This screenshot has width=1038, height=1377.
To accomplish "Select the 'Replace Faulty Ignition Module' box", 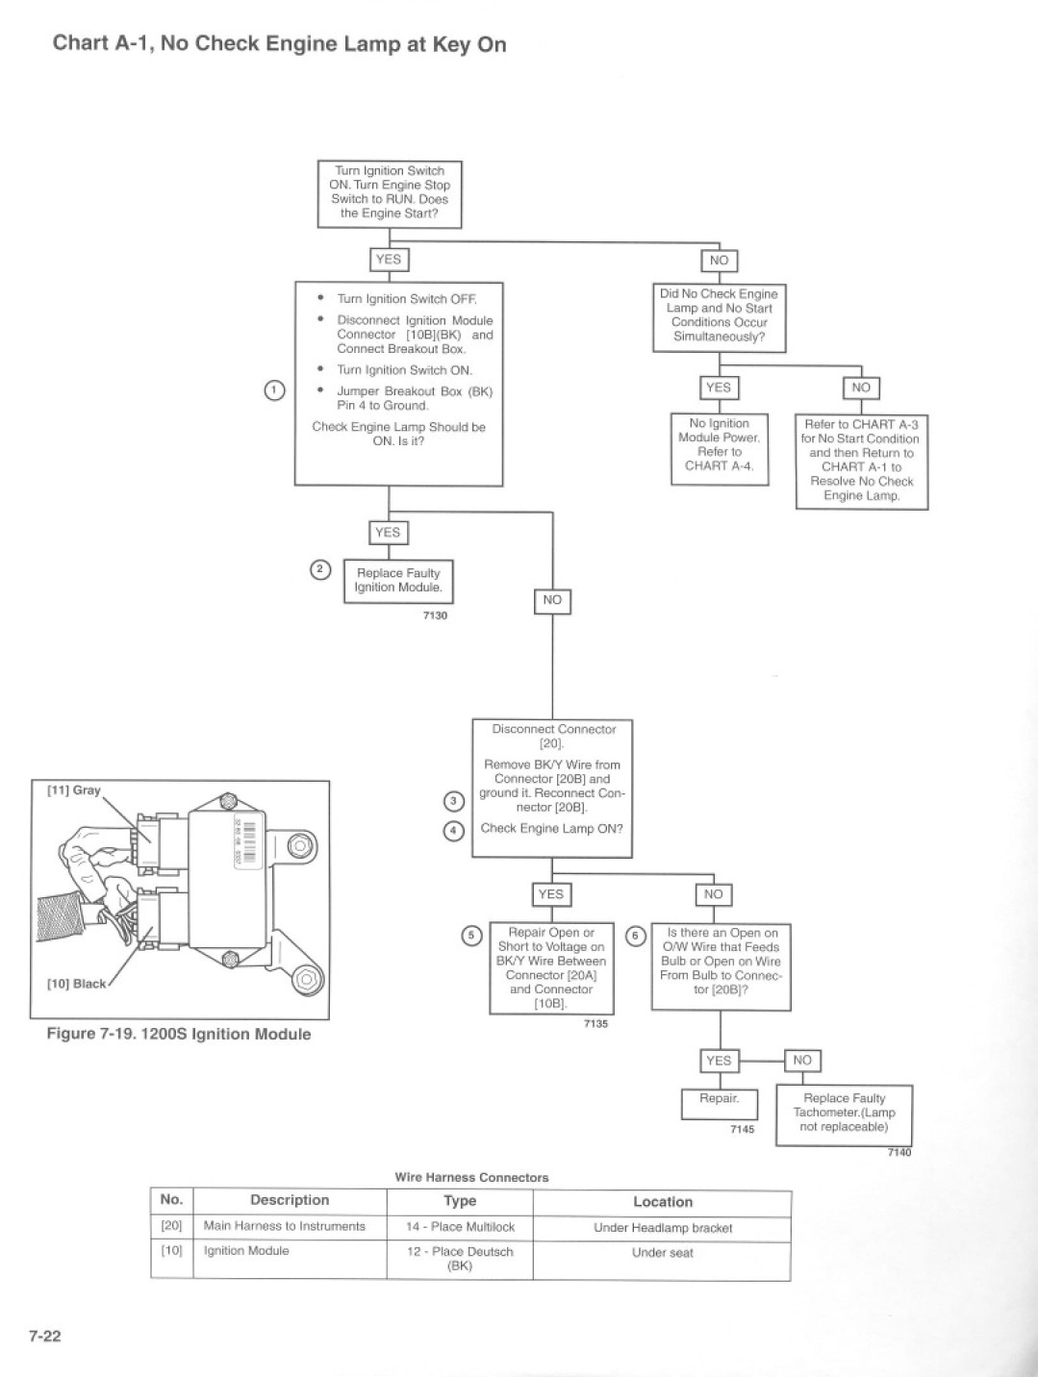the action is point(398,581).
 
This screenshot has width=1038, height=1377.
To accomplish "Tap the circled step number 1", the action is point(274,389).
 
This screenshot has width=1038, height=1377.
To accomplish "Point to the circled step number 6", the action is point(635,937).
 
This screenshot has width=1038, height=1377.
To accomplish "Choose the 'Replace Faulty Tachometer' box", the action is point(844,1114).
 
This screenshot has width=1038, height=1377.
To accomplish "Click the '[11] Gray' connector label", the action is point(74,790).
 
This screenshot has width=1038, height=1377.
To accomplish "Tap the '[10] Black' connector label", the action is point(77,984).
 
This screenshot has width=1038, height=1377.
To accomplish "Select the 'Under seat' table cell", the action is point(662,1253).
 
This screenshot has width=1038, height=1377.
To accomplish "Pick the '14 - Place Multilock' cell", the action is point(460,1226).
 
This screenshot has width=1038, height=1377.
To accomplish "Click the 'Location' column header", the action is point(663,1201).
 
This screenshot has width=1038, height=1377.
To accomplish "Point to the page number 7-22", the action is point(44,1336).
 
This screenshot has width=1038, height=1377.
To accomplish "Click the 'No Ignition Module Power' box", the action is point(720,448).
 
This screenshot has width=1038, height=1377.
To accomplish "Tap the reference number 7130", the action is point(435,615).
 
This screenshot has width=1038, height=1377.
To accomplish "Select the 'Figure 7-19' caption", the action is point(179,1034).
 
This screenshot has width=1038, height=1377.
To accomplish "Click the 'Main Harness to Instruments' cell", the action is point(285,1226).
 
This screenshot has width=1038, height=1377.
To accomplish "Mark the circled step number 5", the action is point(471,936).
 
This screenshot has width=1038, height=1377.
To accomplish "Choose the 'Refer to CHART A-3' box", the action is point(862,462).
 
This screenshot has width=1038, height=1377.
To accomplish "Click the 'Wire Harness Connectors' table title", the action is point(471,1178).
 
